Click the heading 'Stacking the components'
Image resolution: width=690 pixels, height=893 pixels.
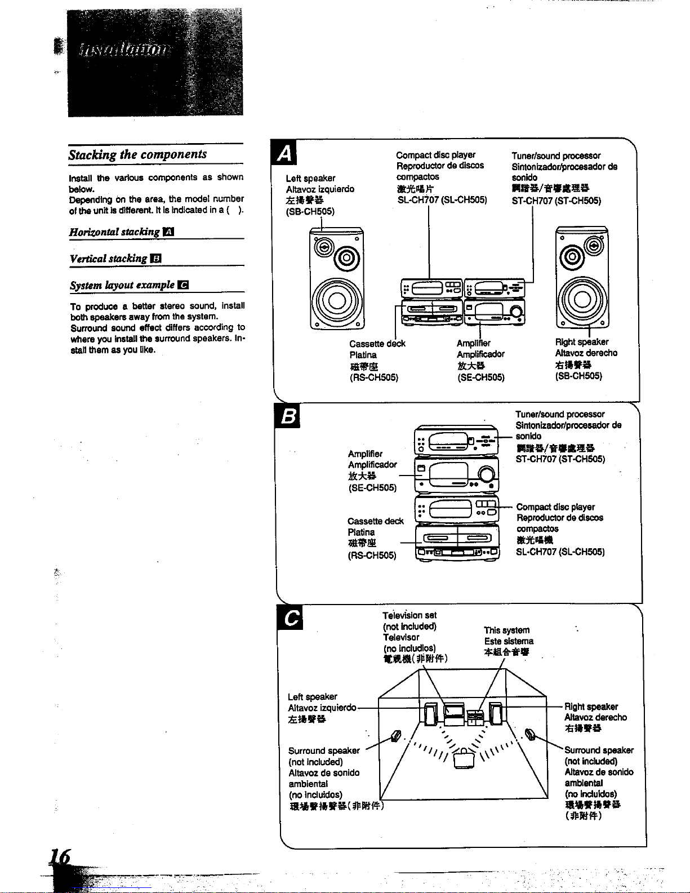click(x=137, y=154)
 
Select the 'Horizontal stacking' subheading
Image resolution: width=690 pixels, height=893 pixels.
click(x=114, y=232)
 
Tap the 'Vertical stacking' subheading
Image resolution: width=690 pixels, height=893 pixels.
click(x=108, y=259)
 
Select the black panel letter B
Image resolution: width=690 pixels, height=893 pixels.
click(x=288, y=417)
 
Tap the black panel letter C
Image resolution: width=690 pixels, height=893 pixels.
click(x=291, y=619)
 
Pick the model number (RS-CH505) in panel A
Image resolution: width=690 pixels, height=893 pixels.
click(x=374, y=377)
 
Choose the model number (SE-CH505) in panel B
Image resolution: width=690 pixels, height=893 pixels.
click(x=372, y=487)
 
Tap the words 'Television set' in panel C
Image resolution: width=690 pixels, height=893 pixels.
click(x=409, y=615)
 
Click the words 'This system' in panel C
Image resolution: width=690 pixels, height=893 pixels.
click(x=507, y=630)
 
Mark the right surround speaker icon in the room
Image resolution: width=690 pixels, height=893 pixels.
click(x=529, y=734)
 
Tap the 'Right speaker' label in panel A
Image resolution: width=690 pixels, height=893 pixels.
click(x=582, y=342)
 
